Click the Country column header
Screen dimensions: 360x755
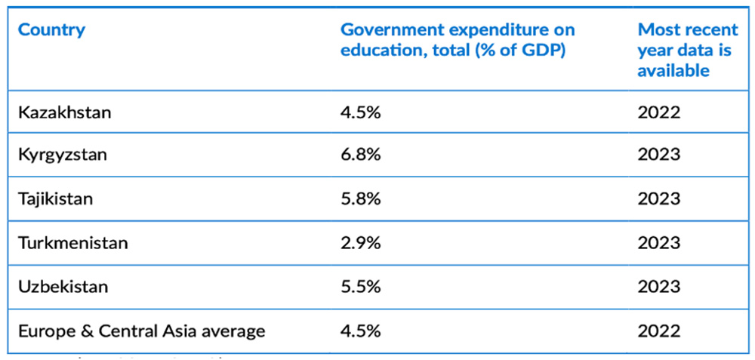(51, 30)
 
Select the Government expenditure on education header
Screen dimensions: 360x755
(457, 40)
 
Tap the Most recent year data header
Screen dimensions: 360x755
(687, 50)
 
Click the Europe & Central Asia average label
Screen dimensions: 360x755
(141, 331)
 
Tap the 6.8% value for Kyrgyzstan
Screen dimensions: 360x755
(360, 155)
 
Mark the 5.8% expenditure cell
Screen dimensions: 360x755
(360, 198)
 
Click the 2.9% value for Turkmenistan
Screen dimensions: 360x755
(360, 243)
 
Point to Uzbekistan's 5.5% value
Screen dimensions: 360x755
(360, 287)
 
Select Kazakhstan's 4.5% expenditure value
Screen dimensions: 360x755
(360, 112)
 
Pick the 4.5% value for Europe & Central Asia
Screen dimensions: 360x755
(360, 331)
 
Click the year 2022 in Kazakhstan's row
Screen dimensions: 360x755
(658, 112)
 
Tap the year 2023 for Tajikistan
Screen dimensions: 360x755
(658, 198)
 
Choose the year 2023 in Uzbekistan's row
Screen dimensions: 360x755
(658, 287)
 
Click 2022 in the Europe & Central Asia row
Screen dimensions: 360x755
(658, 331)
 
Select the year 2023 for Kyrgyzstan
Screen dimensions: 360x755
(658, 155)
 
